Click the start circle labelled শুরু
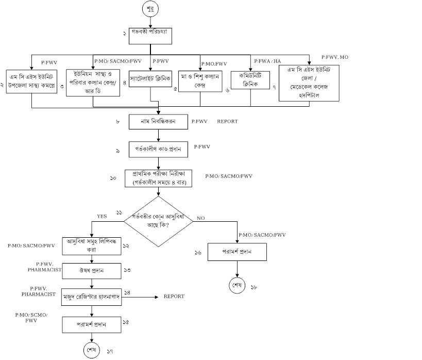[x=150, y=9]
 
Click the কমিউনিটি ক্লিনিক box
[x=250, y=78]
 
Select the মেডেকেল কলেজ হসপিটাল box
[x=309, y=83]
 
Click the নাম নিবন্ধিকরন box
[x=159, y=122]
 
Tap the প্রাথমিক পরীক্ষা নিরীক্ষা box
[x=159, y=178]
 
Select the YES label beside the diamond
[x=102, y=217]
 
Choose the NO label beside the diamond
[x=201, y=219]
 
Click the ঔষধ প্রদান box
[x=92, y=270]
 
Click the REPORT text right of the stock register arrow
[x=174, y=297]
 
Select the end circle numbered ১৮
[x=237, y=286]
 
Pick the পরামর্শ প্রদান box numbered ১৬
[x=237, y=252]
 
